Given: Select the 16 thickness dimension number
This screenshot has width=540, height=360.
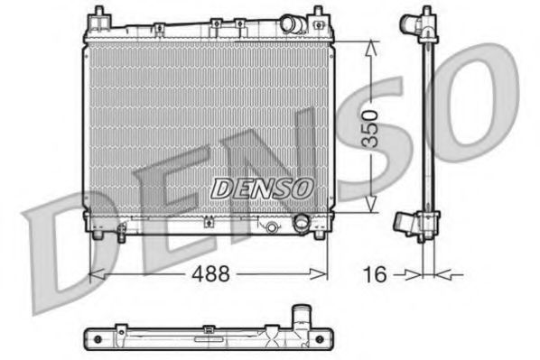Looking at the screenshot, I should pos(375,272).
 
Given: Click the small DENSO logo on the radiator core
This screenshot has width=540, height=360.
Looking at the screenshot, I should pos(262,188).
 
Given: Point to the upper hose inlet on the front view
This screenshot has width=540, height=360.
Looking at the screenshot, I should pos(291,23).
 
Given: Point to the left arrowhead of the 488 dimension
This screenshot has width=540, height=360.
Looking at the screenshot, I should pos(95,271).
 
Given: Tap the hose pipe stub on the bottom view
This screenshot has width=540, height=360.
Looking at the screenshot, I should pos(300,316).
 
